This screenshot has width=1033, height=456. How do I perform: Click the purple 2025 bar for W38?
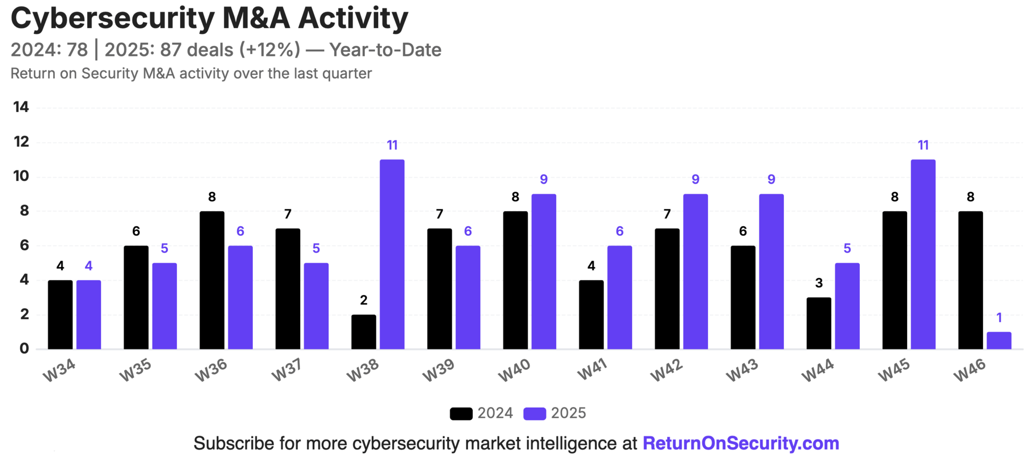point(392,254)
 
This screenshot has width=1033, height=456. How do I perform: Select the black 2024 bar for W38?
point(364,332)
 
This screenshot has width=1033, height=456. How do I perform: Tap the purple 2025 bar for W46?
point(999,340)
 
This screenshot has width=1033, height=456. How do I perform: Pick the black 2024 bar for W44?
point(819,323)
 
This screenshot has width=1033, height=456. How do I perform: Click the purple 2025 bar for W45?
point(923,254)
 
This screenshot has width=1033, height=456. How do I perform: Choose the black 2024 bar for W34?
point(60,314)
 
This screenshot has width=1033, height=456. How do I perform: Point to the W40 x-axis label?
point(514,370)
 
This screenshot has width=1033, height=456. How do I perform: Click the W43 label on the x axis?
point(742,370)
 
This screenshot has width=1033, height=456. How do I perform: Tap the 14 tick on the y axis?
point(21,107)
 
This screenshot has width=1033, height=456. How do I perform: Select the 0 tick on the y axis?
point(24,348)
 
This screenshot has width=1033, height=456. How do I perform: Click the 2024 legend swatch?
point(461,413)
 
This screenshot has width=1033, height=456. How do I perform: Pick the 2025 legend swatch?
point(535,413)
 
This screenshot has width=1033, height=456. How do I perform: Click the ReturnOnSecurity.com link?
point(741,443)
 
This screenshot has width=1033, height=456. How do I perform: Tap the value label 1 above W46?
point(999,318)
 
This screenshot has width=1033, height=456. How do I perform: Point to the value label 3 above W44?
point(819,283)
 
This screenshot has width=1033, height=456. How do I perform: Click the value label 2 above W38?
point(364,300)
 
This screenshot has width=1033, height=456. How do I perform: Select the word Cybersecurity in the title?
point(112,18)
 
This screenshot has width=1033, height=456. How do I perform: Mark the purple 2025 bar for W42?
point(695,271)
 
